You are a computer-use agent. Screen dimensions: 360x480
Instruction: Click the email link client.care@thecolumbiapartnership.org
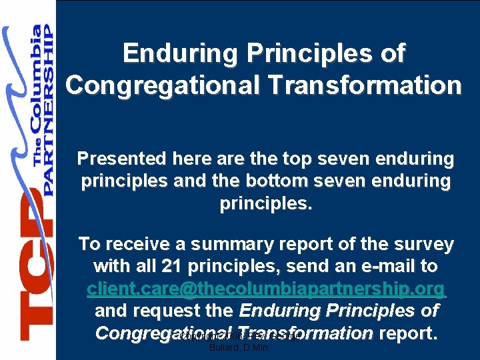tap(266, 289)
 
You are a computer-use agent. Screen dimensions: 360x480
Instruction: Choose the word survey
tap(421, 245)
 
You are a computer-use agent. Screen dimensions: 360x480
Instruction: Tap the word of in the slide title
tap(389, 53)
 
